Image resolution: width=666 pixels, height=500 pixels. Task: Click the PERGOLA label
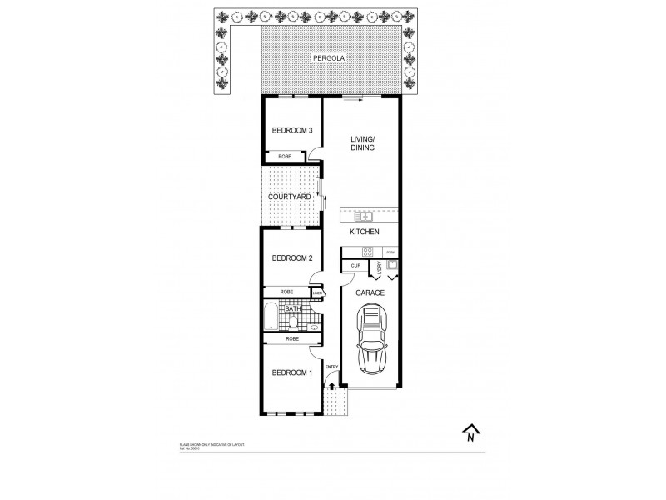point(328,58)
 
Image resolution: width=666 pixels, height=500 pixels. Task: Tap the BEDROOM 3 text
point(292,130)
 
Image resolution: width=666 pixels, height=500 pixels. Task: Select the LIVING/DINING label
point(363,142)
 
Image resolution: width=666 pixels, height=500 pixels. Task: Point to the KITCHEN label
point(365,232)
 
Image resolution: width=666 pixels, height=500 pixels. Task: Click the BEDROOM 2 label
point(292,258)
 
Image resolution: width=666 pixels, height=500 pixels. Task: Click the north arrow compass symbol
point(471,432)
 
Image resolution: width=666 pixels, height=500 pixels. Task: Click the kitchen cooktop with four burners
point(365,252)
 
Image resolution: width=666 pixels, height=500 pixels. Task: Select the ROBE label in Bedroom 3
point(284,156)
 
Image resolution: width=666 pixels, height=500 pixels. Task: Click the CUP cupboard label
point(355,266)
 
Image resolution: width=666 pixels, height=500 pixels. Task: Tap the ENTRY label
point(331,367)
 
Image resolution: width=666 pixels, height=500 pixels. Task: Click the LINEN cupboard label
point(318,292)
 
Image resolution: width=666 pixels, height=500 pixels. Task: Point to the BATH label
point(292,308)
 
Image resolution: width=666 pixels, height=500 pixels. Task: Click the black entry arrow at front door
point(331,385)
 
